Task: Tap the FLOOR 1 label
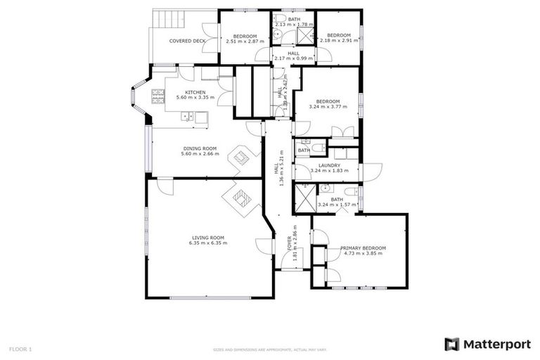pyautogui.click(x=20, y=349)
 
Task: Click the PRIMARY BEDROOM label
pyautogui.click(x=364, y=248)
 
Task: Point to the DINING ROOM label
pyautogui.click(x=200, y=148)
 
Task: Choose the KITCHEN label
pyautogui.click(x=195, y=92)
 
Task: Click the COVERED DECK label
pyautogui.click(x=187, y=41)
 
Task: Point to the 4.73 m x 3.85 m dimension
pyautogui.click(x=364, y=254)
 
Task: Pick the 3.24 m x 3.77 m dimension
pyautogui.click(x=328, y=107)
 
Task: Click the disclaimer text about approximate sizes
pyautogui.click(x=270, y=349)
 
